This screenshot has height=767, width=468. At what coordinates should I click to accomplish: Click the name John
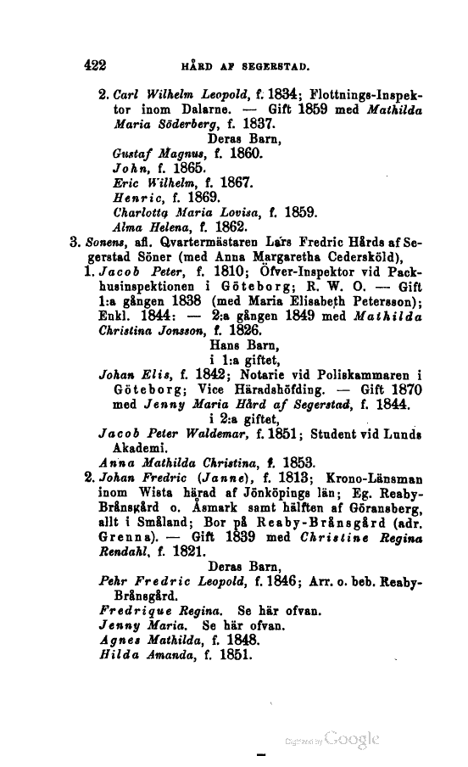click(130, 170)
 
